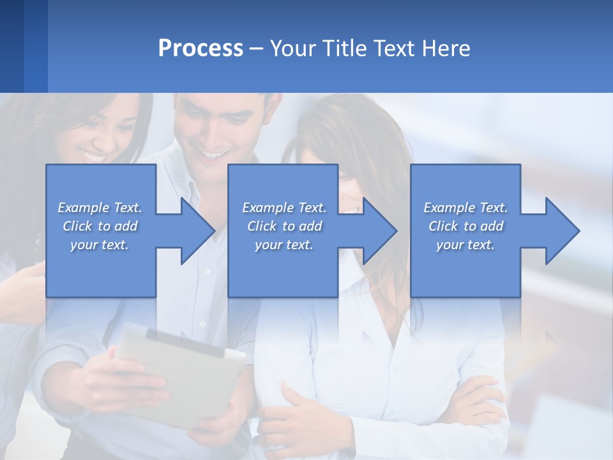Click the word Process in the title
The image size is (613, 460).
pyautogui.click(x=201, y=49)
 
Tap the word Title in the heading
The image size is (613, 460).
pyautogui.click(x=344, y=49)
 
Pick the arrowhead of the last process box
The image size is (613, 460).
pyautogui.click(x=562, y=231)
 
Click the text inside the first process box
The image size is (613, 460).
pyautogui.click(x=100, y=226)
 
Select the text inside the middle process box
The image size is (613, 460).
pyautogui.click(x=284, y=226)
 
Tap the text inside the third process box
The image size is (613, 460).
pyautogui.click(x=465, y=226)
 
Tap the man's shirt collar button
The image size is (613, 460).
pyautogui.click(x=206, y=272)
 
